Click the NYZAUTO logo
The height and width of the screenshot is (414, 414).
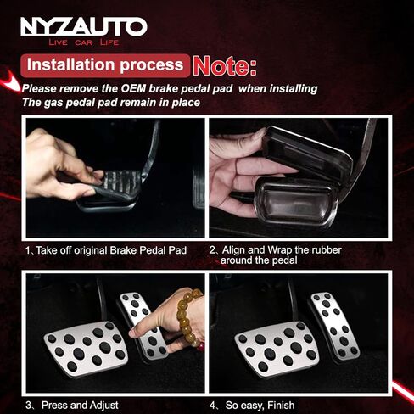[84, 27]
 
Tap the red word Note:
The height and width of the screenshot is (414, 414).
[225, 66]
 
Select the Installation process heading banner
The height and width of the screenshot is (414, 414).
[105, 65]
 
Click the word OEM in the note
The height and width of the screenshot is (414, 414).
[133, 89]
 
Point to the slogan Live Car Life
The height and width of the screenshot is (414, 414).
[84, 42]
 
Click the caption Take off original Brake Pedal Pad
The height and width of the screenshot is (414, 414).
[106, 250]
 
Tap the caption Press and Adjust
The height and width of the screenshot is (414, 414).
[72, 405]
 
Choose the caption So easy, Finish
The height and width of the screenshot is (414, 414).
[252, 405]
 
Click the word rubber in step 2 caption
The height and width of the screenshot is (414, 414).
[326, 250]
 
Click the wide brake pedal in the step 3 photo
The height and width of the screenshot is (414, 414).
[86, 349]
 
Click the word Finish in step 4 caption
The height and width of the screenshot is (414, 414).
[281, 405]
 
